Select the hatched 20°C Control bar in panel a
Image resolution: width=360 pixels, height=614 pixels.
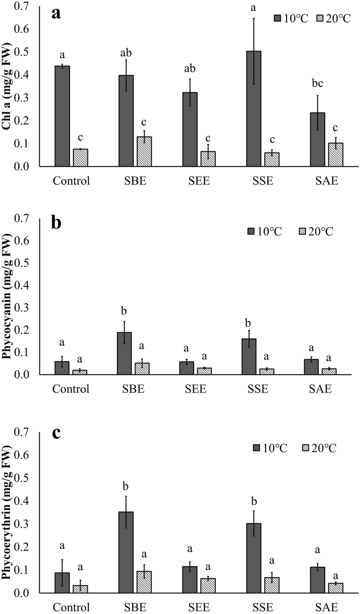80,158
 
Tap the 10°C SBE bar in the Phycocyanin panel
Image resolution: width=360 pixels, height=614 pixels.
124,353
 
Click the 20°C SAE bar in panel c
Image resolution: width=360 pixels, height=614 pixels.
336,588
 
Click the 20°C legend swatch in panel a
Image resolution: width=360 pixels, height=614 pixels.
321,18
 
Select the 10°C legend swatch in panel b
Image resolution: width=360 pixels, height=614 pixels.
251,232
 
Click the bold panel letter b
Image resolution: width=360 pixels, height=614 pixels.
56,223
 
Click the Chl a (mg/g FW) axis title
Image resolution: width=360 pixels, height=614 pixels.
7,86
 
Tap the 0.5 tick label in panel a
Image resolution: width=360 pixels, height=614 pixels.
21,52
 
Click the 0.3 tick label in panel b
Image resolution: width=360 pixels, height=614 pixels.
21,307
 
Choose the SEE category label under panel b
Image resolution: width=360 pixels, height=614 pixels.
196,389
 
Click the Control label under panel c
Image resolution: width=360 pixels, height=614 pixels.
71,607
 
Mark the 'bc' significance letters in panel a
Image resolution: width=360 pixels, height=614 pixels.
317,84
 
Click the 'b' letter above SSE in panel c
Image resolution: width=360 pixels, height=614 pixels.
254,501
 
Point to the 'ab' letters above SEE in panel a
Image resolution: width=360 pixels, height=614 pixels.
190,68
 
